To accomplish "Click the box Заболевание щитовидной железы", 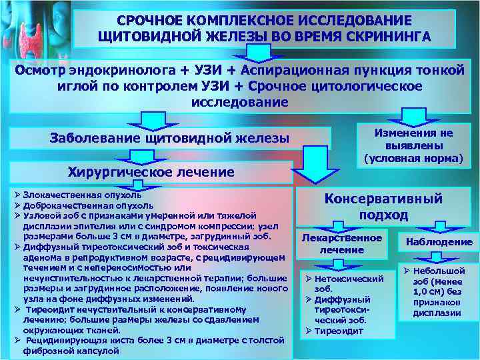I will click(170, 138).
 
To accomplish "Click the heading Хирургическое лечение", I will click(151, 172).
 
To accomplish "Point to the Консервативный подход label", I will click(383, 206).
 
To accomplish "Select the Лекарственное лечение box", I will click(342, 244).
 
